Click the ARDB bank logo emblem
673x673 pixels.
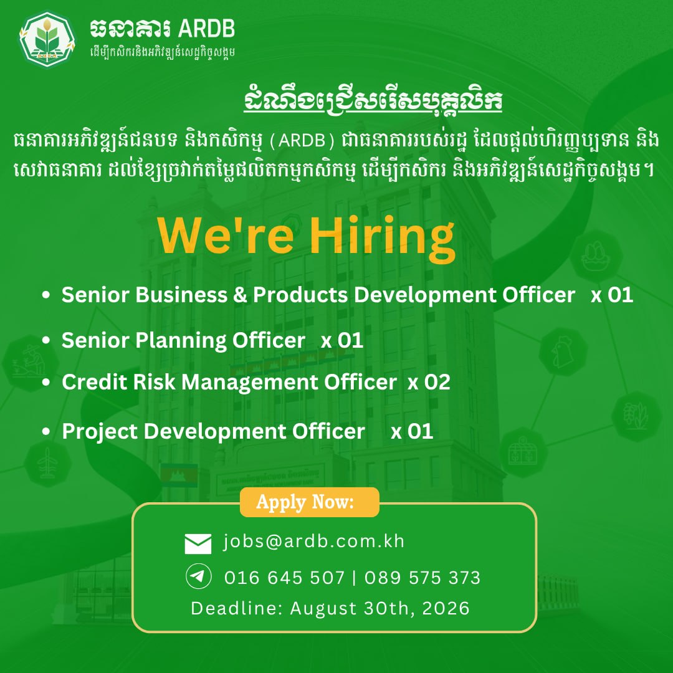(47, 39)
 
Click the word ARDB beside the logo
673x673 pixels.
(206, 29)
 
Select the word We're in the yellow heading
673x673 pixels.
(226, 236)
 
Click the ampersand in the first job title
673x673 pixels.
(241, 295)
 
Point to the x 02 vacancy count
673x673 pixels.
(429, 382)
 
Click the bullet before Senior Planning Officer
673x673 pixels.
(46, 340)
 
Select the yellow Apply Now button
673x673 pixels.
(310, 502)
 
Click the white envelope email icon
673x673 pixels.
(198, 544)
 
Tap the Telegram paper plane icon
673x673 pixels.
(198, 576)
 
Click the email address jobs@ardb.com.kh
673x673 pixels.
(313, 542)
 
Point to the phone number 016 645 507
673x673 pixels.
(285, 578)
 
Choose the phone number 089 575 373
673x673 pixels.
(422, 578)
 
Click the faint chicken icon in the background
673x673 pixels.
(563, 351)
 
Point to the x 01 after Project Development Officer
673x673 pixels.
(412, 431)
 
